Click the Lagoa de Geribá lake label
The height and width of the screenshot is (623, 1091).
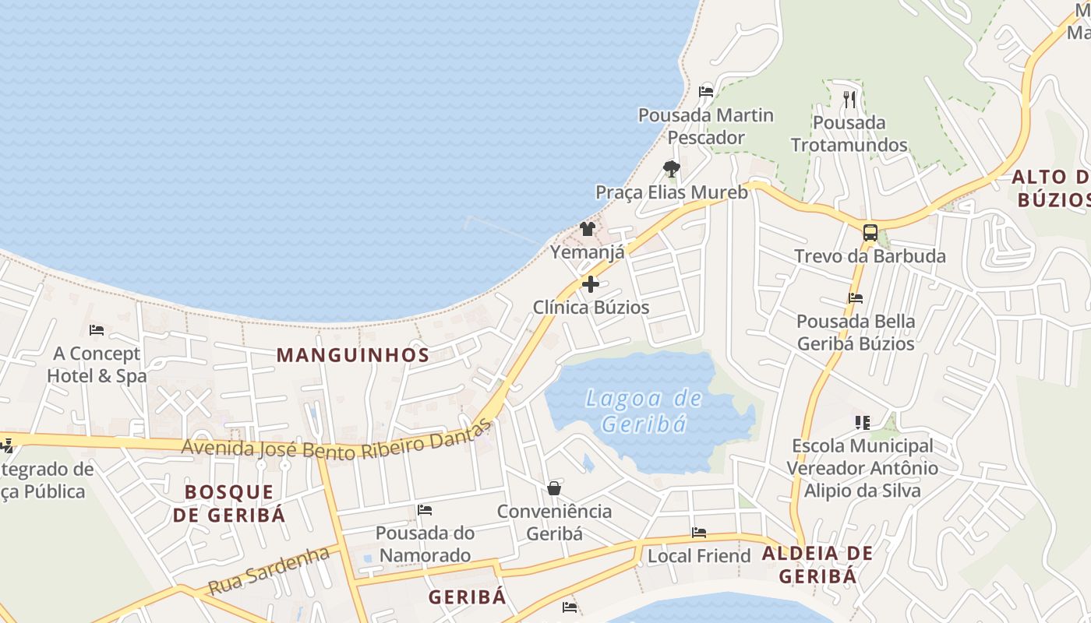tap(644, 411)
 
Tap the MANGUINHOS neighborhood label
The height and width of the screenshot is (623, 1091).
tap(353, 355)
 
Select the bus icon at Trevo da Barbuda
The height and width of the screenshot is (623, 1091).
tap(870, 233)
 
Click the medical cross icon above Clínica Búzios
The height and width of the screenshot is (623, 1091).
tap(591, 284)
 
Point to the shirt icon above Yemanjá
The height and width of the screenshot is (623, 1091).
tap(588, 229)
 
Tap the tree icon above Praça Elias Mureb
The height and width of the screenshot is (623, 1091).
tap(671, 168)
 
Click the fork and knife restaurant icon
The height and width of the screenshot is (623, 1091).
tap(849, 100)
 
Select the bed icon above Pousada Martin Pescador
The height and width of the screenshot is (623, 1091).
tap(706, 91)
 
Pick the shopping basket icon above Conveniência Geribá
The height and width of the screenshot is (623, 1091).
tap(554, 488)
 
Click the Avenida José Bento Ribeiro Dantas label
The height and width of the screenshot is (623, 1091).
tap(337, 442)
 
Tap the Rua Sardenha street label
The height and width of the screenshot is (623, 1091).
tap(270, 570)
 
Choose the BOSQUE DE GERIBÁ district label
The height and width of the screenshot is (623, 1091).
tap(229, 503)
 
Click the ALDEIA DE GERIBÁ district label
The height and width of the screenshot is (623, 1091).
tap(817, 565)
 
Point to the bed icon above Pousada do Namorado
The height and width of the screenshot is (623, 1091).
tap(425, 510)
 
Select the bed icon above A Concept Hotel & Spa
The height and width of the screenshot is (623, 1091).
tap(97, 330)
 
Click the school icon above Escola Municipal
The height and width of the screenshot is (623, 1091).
tap(862, 423)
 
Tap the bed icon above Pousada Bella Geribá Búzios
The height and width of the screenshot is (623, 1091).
tap(856, 297)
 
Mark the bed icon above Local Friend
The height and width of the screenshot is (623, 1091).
tap(699, 533)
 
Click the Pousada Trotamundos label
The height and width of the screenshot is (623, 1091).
tap(849, 134)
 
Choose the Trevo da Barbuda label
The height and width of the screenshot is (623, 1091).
tap(870, 256)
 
